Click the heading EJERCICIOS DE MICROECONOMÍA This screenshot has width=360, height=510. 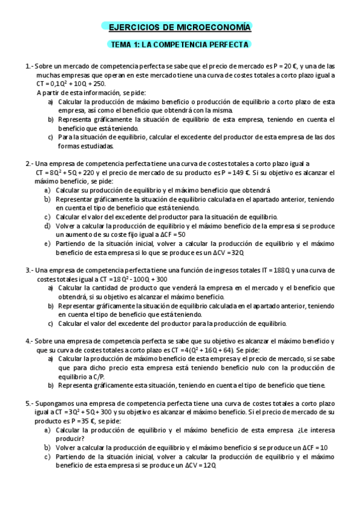(180, 28)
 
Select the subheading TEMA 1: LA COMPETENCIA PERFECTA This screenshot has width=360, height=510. (180, 45)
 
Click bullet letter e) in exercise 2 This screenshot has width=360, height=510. (47, 244)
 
